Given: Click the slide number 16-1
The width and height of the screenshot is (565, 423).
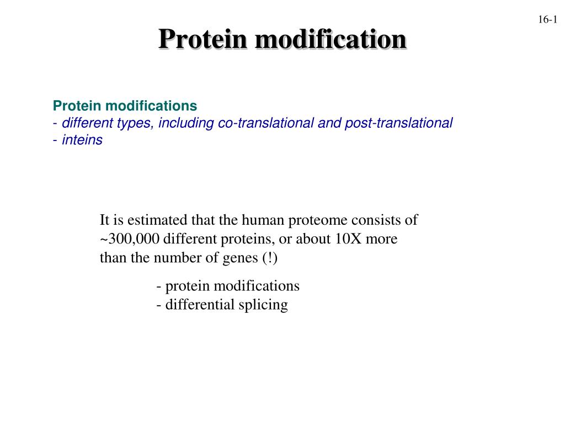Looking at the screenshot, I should pos(548,20).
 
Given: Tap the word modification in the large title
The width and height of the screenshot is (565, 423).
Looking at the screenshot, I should pos(330,40).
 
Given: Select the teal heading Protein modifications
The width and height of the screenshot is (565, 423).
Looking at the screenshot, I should pos(125,105).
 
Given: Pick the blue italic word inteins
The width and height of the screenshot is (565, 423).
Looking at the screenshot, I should pos(82,140).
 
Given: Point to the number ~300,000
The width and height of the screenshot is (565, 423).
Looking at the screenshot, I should pos(130,240).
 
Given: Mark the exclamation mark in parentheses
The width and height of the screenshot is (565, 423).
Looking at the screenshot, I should pos(270,258).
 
